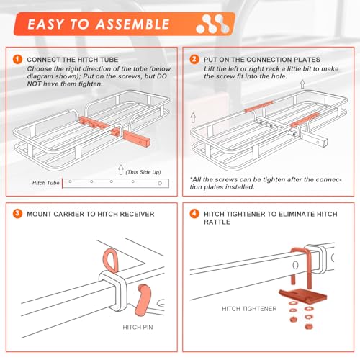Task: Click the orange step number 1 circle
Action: (x=18, y=59)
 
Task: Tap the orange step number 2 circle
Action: (x=194, y=59)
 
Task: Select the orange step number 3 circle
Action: (x=18, y=214)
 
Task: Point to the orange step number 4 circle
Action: (x=194, y=214)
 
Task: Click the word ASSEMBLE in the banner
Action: (x=132, y=24)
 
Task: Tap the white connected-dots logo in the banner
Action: (x=212, y=24)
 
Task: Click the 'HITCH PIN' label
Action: (x=138, y=327)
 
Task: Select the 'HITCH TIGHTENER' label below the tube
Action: (x=249, y=309)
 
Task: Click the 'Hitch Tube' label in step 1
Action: (x=45, y=183)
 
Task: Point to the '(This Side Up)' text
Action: (x=143, y=172)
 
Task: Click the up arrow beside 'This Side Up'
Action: (x=121, y=170)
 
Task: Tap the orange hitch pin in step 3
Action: (x=143, y=300)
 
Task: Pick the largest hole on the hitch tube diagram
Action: (x=160, y=184)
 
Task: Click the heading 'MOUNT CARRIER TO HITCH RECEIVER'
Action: (x=91, y=214)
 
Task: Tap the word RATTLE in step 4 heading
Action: (x=217, y=222)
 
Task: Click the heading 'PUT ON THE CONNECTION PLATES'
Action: (x=262, y=60)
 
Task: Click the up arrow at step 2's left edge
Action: (x=193, y=117)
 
